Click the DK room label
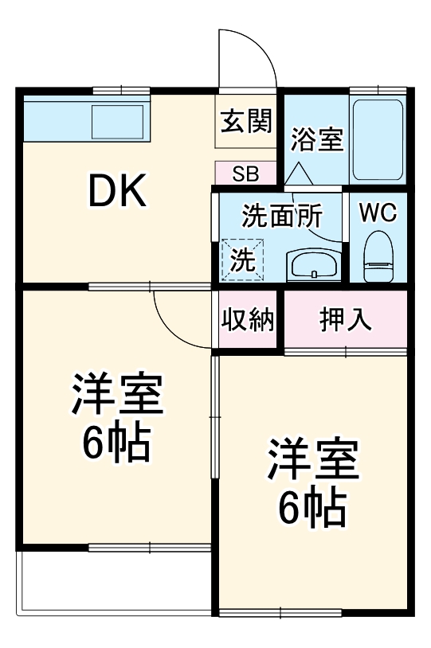click(116, 191)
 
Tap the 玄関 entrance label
click(246, 122)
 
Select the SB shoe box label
click(245, 173)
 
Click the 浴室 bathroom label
click(316, 140)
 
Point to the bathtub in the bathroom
click(378, 139)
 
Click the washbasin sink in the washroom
click(314, 264)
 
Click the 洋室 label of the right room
click(311, 459)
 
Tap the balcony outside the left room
click(112, 585)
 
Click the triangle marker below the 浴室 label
click(297, 172)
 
